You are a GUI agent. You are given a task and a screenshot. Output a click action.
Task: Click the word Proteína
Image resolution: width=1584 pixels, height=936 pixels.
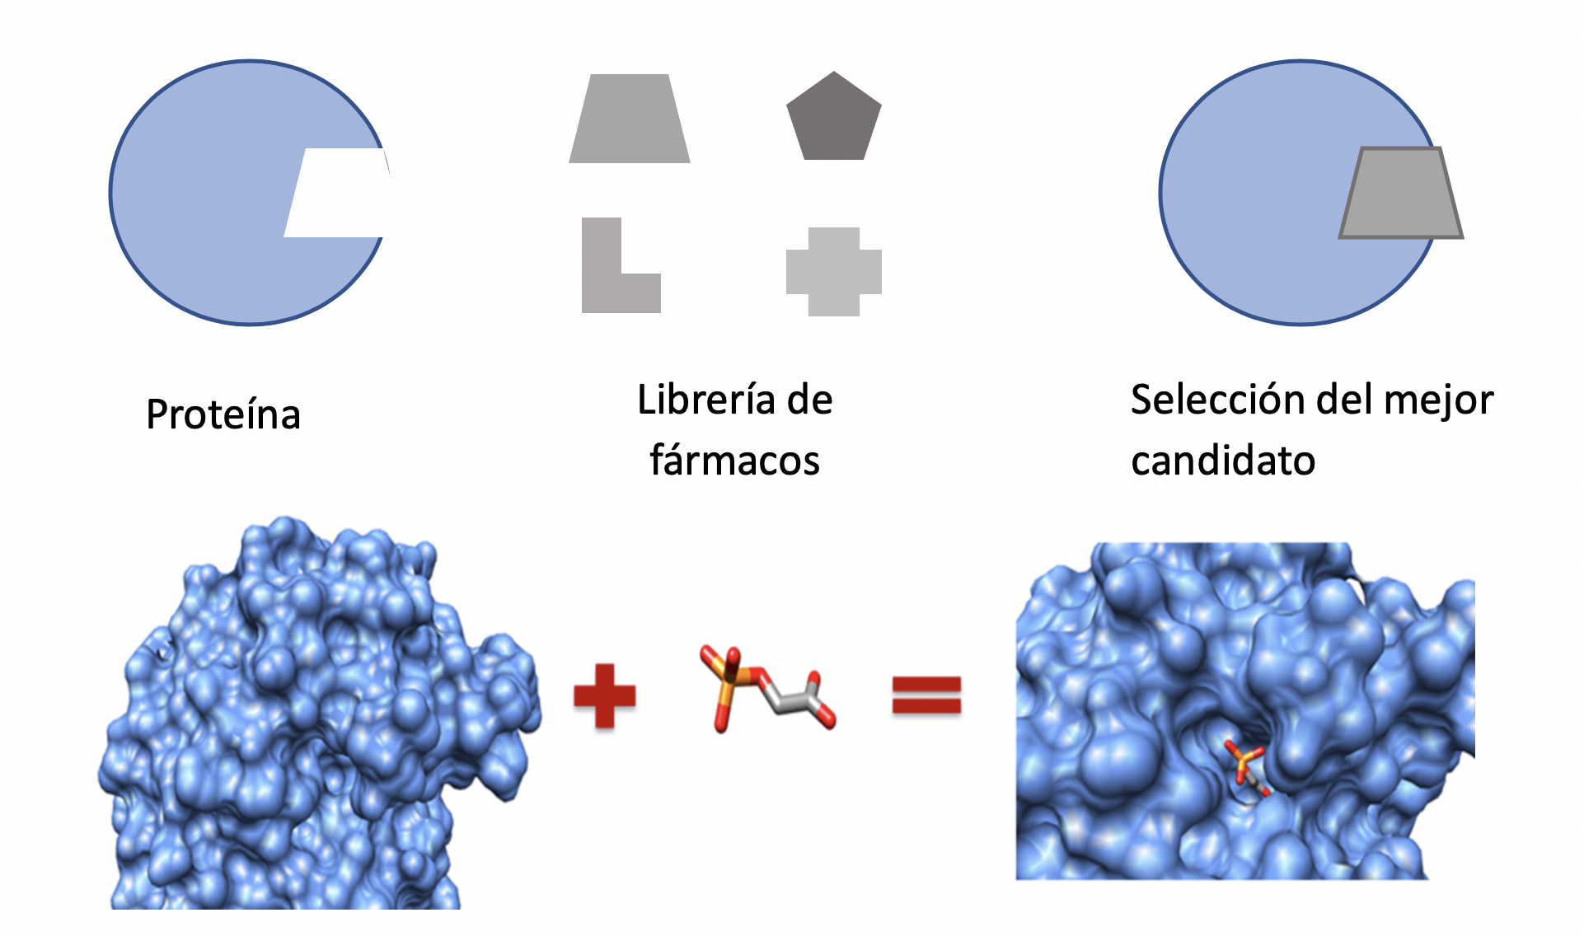coord(223,414)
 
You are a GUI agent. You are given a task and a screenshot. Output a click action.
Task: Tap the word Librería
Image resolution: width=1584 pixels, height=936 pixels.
coord(706,400)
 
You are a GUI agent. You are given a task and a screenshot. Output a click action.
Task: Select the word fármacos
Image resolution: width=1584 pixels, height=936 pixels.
coord(734,460)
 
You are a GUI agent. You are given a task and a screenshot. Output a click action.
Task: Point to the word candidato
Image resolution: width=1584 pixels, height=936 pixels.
coord(1223,461)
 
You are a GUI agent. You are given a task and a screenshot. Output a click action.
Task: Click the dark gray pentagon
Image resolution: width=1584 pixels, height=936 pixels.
coord(833,118)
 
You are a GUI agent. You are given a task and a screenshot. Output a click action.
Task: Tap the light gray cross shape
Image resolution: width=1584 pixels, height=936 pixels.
coord(833,272)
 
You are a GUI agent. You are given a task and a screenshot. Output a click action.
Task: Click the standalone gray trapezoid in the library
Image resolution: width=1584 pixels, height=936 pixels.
coord(629,119)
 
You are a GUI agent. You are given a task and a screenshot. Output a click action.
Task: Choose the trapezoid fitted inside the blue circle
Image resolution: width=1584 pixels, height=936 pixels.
coord(1400,194)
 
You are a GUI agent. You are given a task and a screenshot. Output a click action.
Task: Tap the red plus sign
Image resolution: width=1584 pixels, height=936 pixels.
coord(604,695)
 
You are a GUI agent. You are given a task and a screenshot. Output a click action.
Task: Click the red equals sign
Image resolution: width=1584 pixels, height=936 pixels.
coord(926,695)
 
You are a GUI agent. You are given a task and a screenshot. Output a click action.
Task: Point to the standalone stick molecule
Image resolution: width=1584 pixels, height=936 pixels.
coord(766,688)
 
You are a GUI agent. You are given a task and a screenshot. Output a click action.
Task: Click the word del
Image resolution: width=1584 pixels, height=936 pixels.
coord(1347,400)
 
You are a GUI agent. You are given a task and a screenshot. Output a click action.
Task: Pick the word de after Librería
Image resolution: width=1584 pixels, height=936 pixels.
coord(809,400)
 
